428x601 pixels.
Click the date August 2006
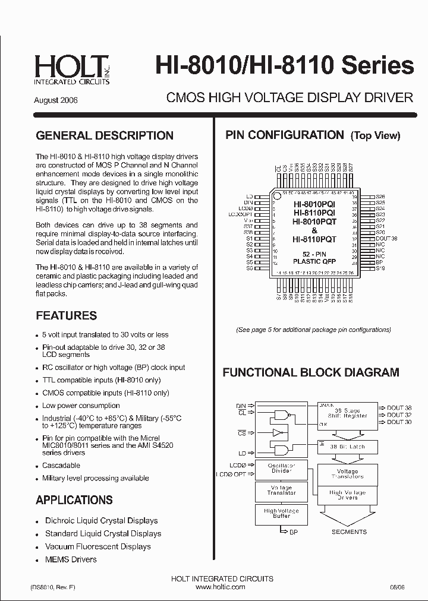click(x=56, y=100)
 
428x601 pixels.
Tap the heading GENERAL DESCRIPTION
click(x=105, y=135)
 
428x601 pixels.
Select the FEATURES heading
click(x=66, y=316)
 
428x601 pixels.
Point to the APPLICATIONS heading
click(x=74, y=500)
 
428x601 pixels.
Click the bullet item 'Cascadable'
click(x=61, y=466)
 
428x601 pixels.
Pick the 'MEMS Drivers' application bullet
click(x=71, y=559)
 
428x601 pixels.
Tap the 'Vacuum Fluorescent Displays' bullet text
click(x=98, y=546)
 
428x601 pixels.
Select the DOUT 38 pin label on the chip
click(x=386, y=238)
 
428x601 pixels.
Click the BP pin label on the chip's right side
click(x=379, y=262)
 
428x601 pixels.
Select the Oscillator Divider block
click(x=281, y=468)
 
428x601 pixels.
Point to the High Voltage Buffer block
click(x=281, y=514)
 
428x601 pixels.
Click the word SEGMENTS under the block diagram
click(x=349, y=532)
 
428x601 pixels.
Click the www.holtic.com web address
click(x=220, y=587)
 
